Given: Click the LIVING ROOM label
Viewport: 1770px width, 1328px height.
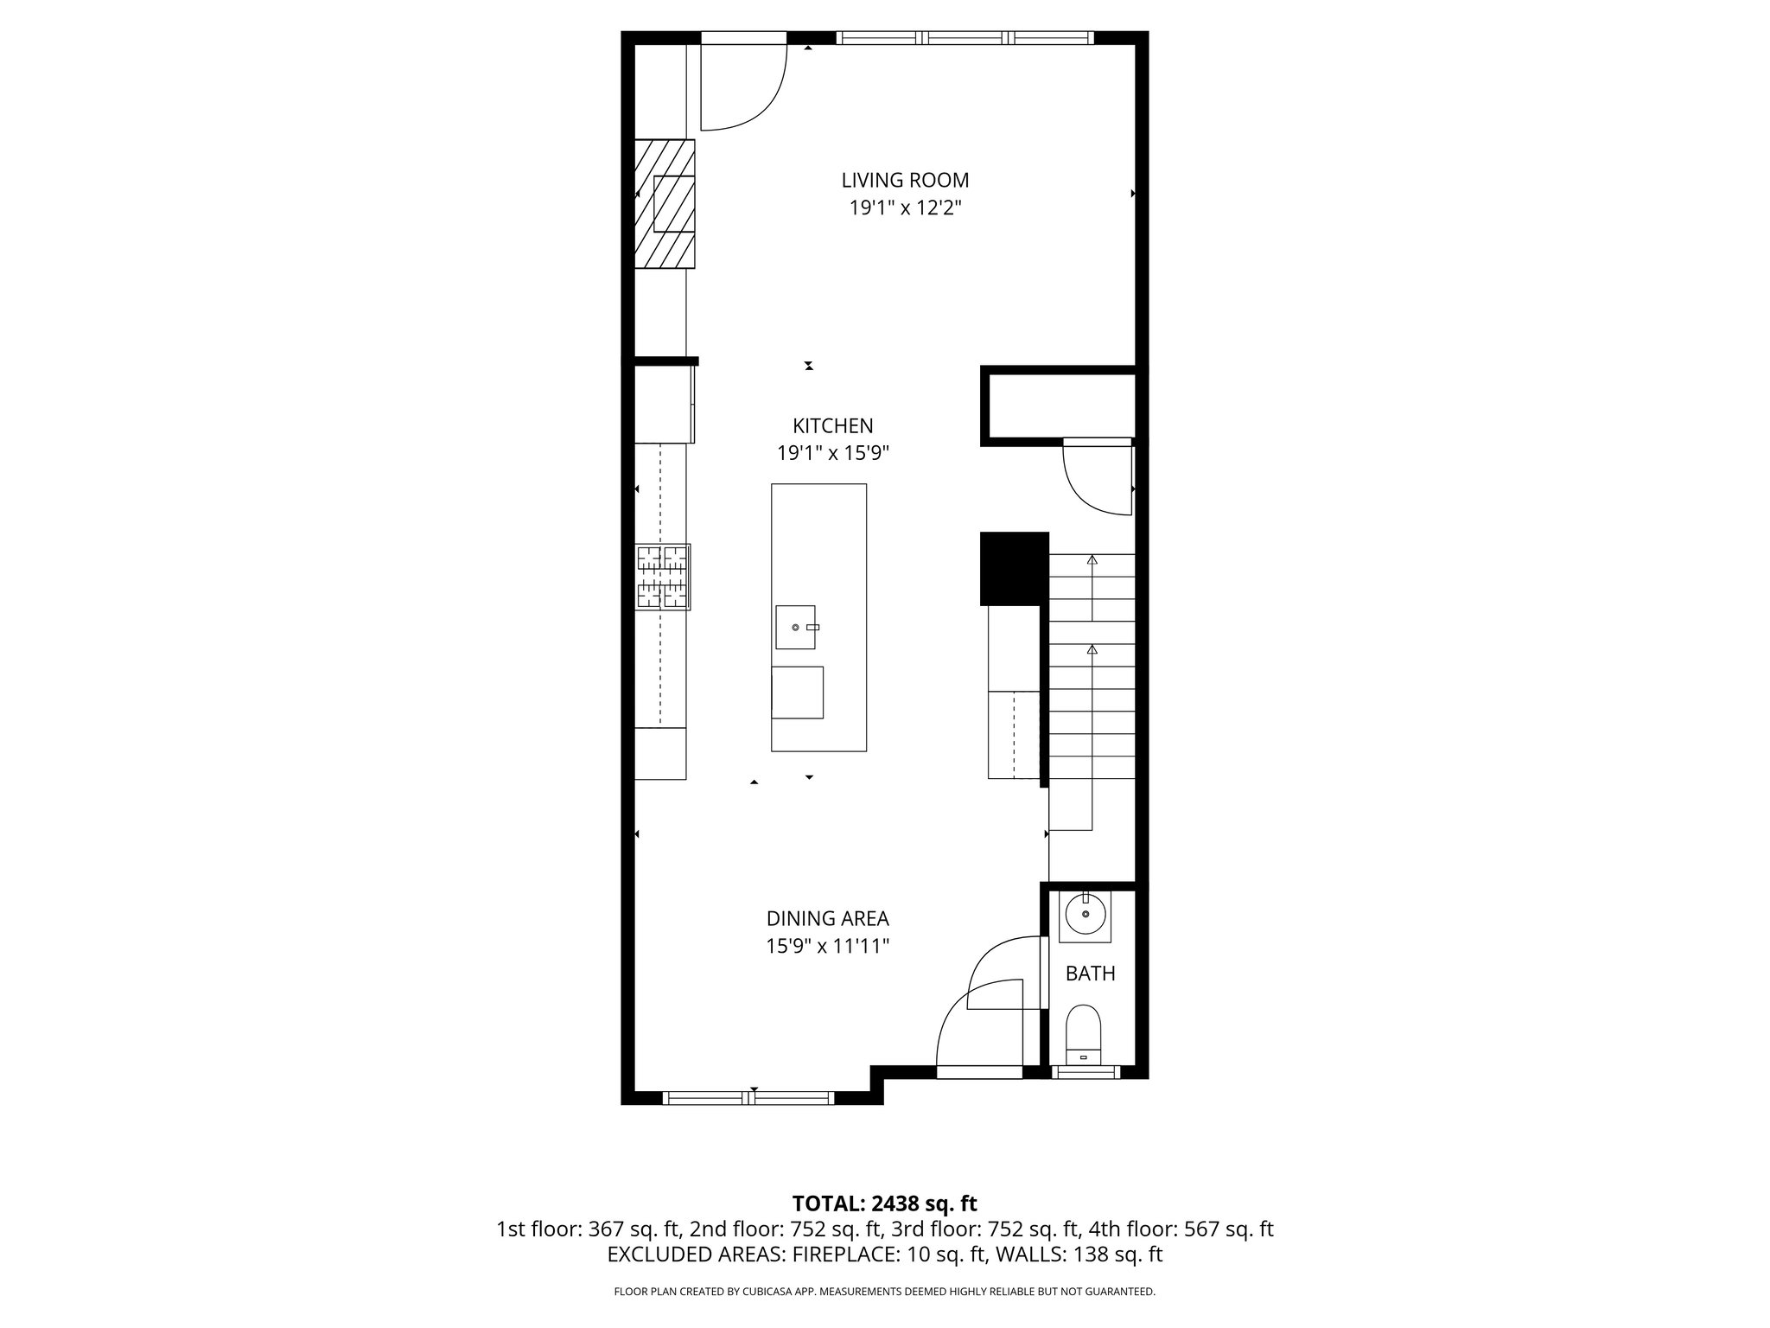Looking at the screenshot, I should (905, 180).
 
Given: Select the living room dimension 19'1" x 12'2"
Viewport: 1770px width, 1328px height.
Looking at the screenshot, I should (905, 207).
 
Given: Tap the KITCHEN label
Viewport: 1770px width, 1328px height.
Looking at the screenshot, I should (832, 425).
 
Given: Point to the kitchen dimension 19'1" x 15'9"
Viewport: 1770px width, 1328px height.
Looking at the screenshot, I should (832, 453).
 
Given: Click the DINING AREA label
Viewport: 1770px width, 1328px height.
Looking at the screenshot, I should (827, 918).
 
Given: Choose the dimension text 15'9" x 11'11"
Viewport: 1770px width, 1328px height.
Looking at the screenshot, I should (827, 946).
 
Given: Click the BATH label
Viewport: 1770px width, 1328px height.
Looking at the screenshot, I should (1090, 974).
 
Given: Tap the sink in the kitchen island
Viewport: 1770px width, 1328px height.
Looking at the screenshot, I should (795, 627).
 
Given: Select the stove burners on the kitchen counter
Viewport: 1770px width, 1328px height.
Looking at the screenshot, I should (663, 577).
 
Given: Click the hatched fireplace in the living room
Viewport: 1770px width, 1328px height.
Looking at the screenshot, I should (665, 203).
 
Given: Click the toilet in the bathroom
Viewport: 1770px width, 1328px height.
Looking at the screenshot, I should (1084, 1036).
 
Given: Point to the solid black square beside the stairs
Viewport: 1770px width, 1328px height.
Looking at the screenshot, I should (1014, 568).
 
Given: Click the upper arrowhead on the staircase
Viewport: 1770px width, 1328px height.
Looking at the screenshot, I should (1092, 560).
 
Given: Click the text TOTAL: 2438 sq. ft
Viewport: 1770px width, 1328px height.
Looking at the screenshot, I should (884, 1203).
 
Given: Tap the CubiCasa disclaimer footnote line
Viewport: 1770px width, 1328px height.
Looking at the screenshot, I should (884, 1292).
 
